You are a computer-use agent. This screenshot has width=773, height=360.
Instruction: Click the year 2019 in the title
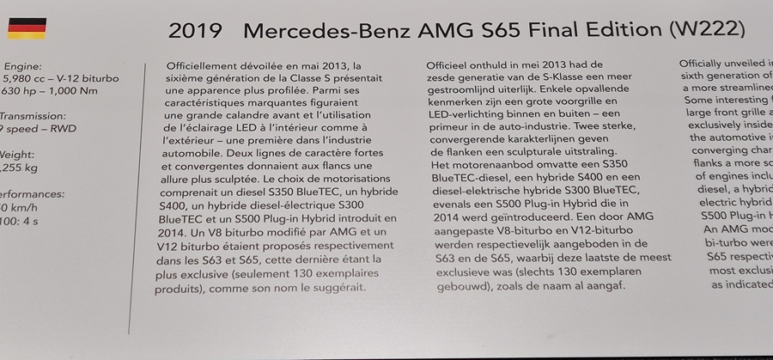point(197,31)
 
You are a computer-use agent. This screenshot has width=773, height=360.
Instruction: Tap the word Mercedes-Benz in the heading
point(326,31)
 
